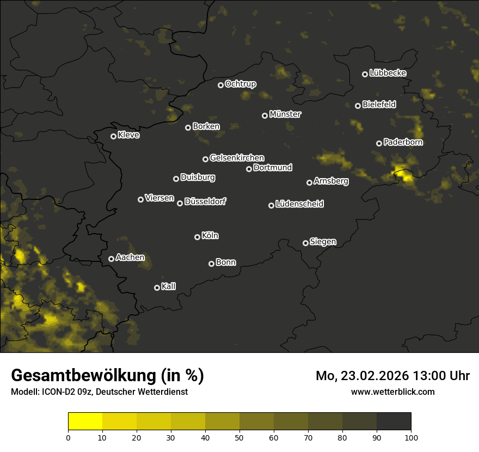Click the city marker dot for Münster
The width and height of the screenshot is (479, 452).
(265, 115)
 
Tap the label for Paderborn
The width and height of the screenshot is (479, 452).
(403, 142)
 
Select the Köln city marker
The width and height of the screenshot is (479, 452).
(197, 237)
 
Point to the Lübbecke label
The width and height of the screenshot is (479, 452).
(388, 73)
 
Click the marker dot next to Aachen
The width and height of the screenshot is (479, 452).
(111, 259)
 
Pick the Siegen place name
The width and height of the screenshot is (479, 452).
(323, 242)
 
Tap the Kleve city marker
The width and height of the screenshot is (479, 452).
(113, 136)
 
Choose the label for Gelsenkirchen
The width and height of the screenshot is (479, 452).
(237, 158)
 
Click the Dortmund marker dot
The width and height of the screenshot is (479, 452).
(249, 169)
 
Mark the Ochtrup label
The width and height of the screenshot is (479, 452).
(240, 84)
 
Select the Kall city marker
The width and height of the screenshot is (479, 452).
(157, 288)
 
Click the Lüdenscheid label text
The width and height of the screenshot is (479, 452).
(299, 204)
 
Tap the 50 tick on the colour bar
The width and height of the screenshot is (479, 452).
(239, 437)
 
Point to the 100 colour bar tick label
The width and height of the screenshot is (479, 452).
(411, 437)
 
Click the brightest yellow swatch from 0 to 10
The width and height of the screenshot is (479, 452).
(85, 421)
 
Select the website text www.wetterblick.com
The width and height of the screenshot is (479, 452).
(392, 392)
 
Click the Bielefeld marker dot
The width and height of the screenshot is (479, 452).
(358, 106)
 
